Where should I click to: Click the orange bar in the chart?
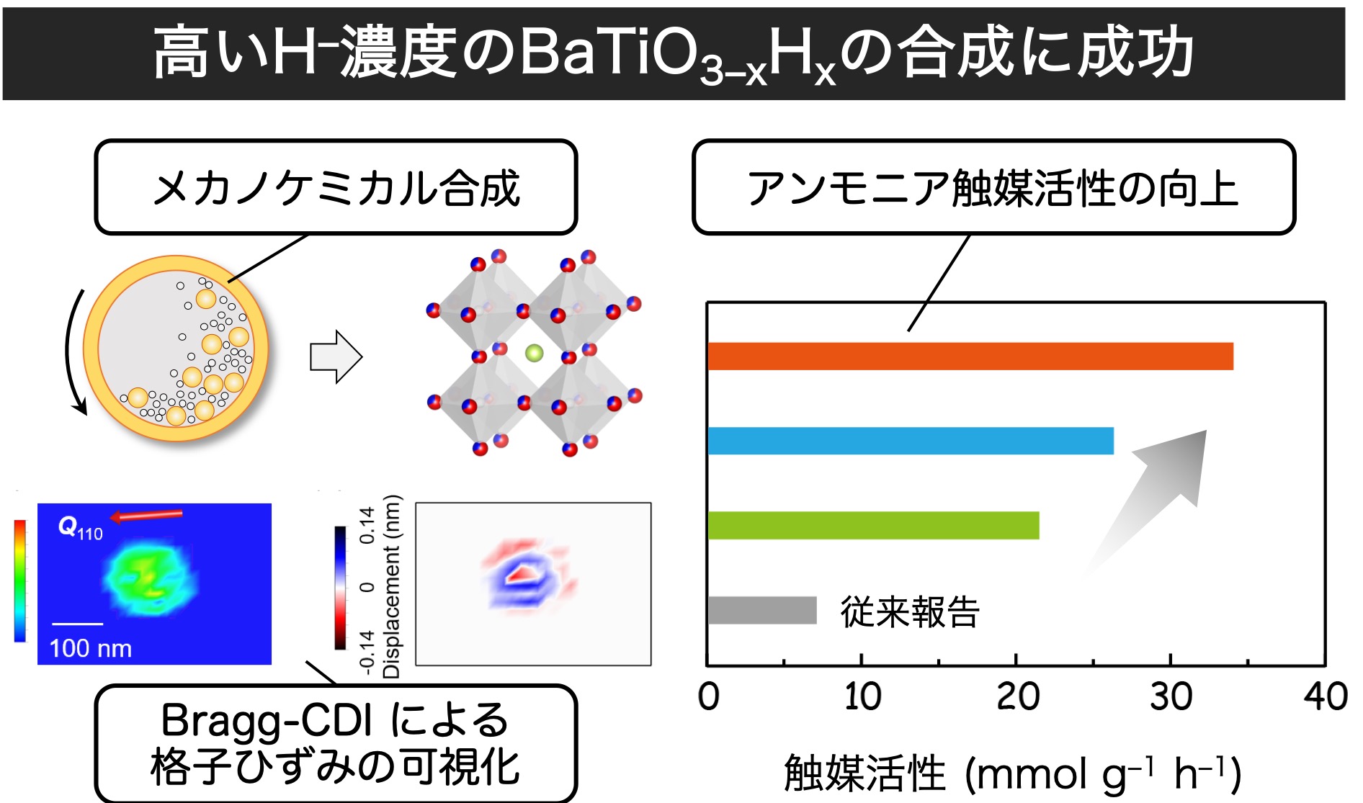pos(970,356)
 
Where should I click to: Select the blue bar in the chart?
pos(911,441)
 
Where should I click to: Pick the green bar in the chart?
pos(873,525)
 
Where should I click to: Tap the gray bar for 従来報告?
pos(762,610)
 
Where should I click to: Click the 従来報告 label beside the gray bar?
pos(910,611)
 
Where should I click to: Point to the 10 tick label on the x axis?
pos(862,696)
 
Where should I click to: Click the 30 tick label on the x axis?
pos(1171,696)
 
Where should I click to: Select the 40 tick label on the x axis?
pos(1326,696)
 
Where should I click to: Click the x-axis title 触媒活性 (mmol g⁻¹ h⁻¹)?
pos(1011,773)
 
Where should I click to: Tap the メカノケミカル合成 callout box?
pos(336,187)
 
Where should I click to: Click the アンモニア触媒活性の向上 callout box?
pos(993,187)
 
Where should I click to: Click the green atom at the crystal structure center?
pos(534,353)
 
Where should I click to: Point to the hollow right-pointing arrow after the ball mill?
pos(336,356)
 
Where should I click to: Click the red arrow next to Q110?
pos(146,515)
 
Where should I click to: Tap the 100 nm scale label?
pos(91,648)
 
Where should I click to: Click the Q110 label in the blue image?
pos(80,529)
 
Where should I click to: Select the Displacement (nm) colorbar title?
pos(391,587)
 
